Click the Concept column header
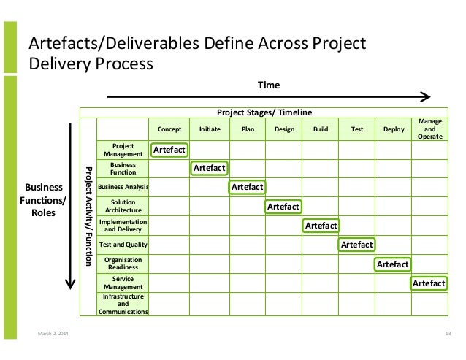click(169, 129)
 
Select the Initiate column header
click(209, 129)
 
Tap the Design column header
click(283, 129)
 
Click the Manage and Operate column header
click(428, 129)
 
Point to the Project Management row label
click(123, 150)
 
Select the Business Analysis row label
click(123, 187)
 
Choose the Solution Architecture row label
click(123, 207)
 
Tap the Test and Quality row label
click(123, 245)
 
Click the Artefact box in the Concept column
click(169, 150)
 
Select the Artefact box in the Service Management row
click(429, 283)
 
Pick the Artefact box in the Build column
click(321, 226)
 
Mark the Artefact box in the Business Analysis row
click(247, 187)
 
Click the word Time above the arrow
click(268, 85)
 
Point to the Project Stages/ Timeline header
click(264, 112)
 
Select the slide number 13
click(448, 334)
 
